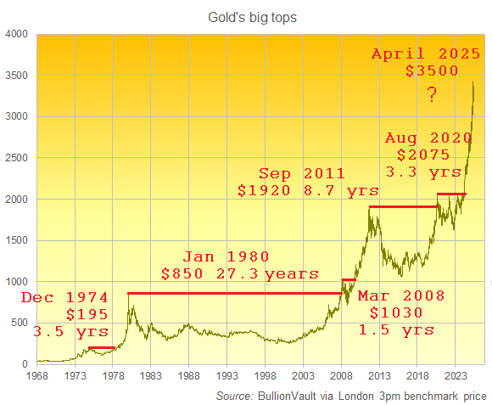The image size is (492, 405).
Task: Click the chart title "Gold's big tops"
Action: pos(246,17)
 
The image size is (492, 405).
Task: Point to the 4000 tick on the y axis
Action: pos(17,35)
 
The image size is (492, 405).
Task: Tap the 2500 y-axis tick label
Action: pos(17,158)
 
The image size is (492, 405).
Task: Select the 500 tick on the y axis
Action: pos(20,323)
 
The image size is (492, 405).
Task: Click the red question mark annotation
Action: pos(432,94)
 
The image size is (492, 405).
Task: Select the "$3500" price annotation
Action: pos(432,72)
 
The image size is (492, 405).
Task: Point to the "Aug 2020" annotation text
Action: pos(425,137)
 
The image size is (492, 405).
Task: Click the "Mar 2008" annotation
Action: pos(394,295)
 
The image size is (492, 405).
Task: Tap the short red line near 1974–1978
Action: pos(101,347)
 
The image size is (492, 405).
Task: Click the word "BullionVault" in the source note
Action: pos(290,396)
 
